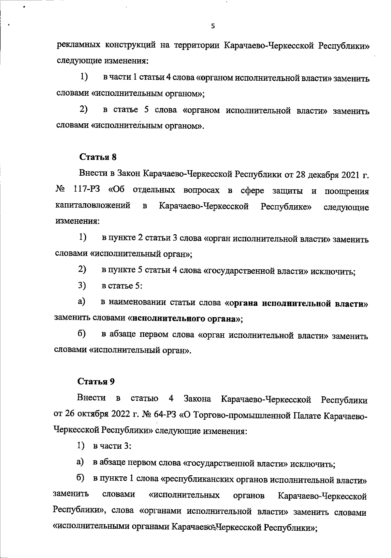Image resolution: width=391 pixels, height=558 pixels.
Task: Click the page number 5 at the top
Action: tap(213, 26)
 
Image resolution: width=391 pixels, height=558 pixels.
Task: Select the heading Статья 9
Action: tap(96, 381)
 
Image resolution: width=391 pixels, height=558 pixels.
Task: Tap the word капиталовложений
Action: tap(93, 206)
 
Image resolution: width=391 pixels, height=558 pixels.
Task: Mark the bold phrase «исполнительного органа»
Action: tap(186, 318)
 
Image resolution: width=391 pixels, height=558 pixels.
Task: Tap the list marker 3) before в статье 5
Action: tap(82, 285)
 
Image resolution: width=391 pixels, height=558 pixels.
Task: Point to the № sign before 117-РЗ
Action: tap(60, 190)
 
